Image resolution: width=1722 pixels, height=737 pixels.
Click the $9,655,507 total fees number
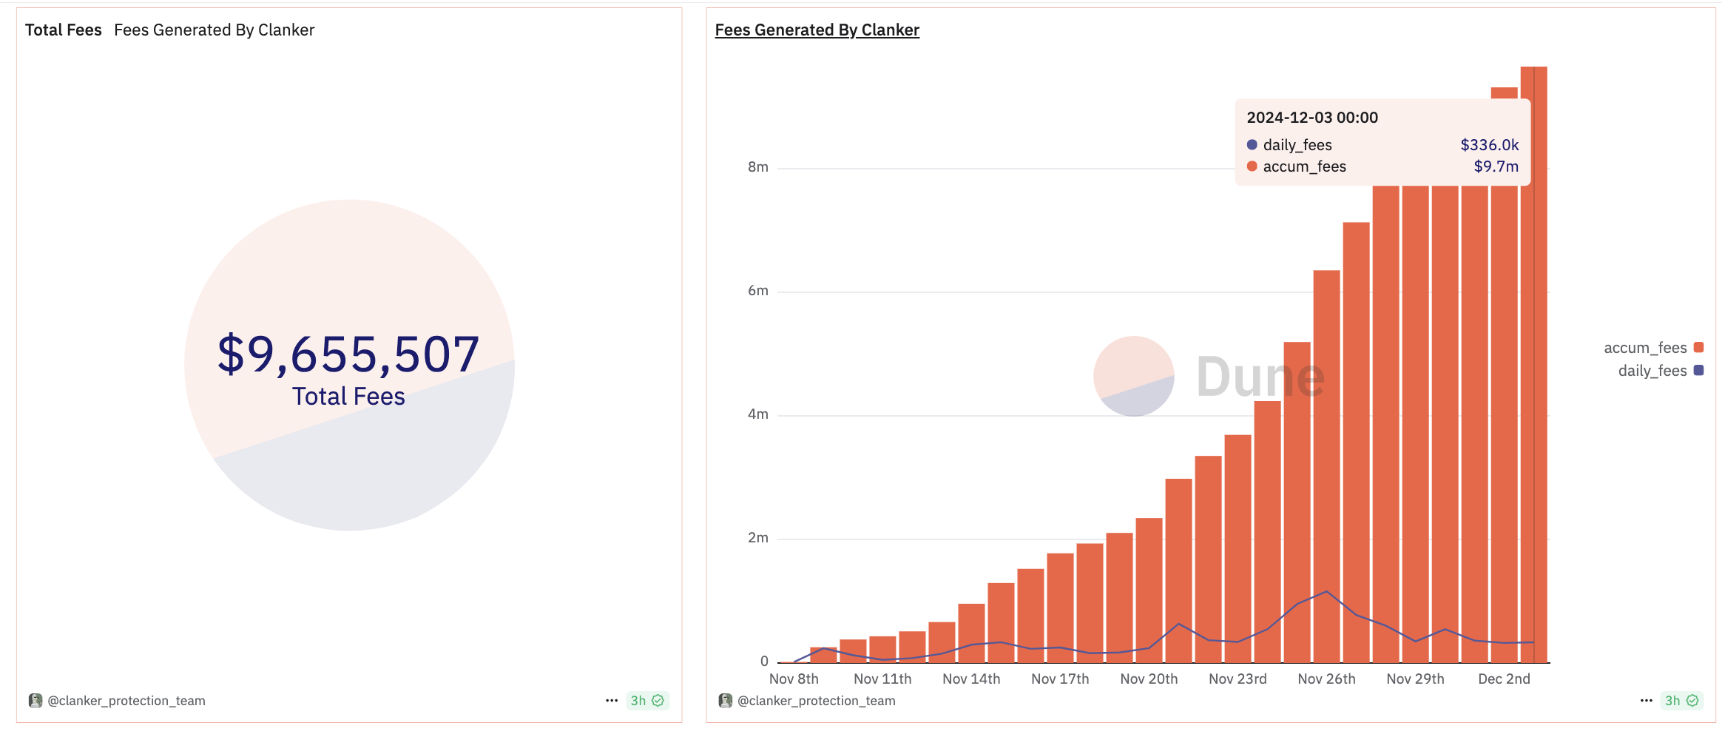348,354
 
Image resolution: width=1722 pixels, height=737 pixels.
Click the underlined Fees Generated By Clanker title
817,30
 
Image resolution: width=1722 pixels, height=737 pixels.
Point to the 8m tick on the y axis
758,167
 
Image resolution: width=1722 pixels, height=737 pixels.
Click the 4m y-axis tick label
758,414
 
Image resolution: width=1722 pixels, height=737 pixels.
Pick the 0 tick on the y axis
764,662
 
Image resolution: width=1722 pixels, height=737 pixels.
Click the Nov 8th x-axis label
794,679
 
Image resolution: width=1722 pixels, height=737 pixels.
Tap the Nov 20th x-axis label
1149,679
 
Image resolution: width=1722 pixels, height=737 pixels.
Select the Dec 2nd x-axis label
1504,679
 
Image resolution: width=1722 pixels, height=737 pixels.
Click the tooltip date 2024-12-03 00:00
1312,118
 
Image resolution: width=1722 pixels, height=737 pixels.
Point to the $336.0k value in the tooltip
1489,145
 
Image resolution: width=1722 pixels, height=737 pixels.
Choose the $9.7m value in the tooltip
1496,166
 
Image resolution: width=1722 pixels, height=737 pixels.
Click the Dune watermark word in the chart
1260,377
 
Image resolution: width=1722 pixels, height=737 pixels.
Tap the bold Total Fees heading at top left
64,30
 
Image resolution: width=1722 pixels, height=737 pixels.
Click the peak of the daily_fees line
1326,591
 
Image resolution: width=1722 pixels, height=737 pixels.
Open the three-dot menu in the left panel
612,701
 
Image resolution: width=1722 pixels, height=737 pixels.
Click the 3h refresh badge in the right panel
1681,701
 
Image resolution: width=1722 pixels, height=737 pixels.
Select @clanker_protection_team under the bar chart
816,701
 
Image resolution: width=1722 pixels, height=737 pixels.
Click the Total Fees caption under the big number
348,397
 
